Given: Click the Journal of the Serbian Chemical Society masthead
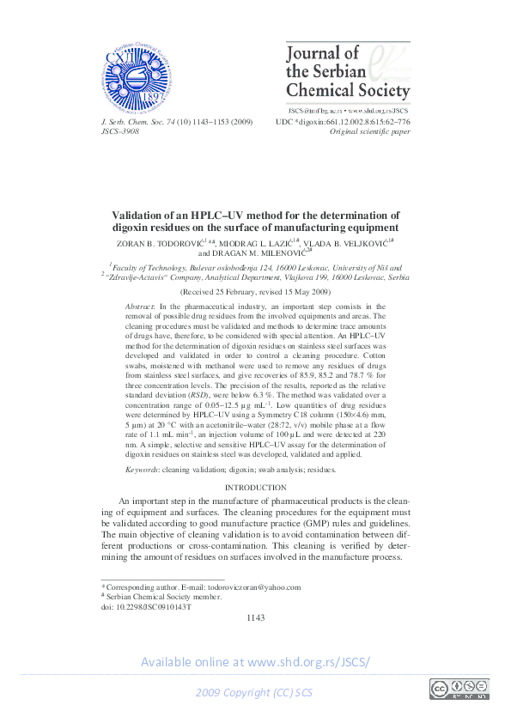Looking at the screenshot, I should click(x=347, y=72).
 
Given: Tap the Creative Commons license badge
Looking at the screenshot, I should click(x=459, y=689).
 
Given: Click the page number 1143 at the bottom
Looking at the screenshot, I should click(x=255, y=617).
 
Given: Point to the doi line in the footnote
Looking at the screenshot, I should click(x=147, y=606).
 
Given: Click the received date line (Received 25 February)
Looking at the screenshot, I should click(x=255, y=292).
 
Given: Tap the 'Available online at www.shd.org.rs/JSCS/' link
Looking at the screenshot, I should click(x=255, y=661).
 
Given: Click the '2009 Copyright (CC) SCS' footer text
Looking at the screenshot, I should click(x=255, y=692).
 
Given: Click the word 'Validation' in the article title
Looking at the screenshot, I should click(x=143, y=216).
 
